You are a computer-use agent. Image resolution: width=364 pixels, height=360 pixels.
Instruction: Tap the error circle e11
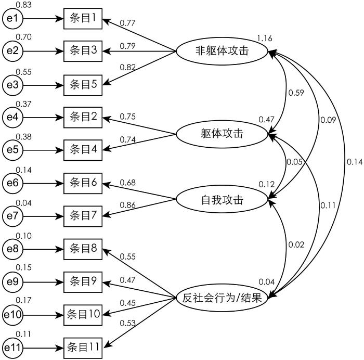(x=12, y=346)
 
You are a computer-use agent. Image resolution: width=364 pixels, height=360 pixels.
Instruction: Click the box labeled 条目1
(x=83, y=19)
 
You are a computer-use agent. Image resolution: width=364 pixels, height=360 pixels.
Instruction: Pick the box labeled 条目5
(x=83, y=84)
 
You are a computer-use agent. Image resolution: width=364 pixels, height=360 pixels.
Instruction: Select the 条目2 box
(x=83, y=117)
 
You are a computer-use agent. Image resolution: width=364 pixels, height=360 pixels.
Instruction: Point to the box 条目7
(x=83, y=215)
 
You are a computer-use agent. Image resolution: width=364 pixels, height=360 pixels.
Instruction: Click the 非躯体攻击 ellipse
(x=222, y=51)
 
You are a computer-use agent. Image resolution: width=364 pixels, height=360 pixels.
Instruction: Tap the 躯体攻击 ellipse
(x=222, y=134)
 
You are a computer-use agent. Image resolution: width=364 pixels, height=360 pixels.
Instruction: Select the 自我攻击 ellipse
(x=222, y=199)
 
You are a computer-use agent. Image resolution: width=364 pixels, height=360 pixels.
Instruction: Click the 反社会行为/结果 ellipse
(x=222, y=298)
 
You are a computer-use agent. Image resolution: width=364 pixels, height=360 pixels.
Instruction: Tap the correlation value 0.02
(x=296, y=245)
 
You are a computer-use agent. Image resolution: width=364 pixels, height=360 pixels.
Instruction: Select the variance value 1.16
(x=264, y=38)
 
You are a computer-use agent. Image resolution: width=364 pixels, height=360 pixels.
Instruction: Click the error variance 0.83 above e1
(x=23, y=5)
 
